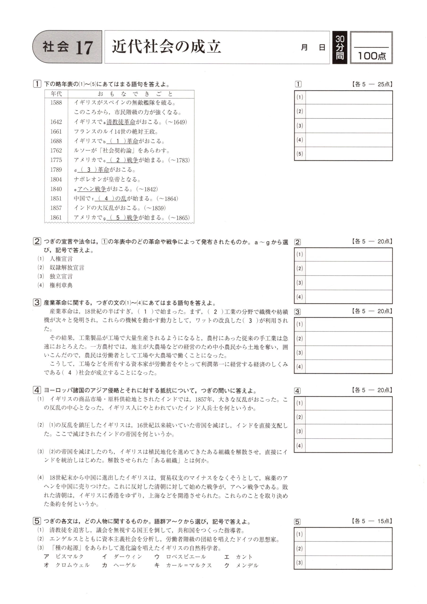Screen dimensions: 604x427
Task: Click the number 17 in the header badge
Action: pyautogui.click(x=84, y=48)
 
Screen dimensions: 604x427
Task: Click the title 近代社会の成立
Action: pyautogui.click(x=166, y=47)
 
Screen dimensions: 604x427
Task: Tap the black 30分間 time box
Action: pyautogui.click(x=340, y=48)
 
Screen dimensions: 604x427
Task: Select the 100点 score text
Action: pyautogui.click(x=372, y=56)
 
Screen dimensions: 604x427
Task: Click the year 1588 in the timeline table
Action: pyautogui.click(x=56, y=103)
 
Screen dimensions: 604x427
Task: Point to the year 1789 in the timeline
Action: pyautogui.click(x=56, y=170)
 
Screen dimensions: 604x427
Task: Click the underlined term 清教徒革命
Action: pyautogui.click(x=121, y=122)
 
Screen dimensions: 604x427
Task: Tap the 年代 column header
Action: pyautogui.click(x=56, y=94)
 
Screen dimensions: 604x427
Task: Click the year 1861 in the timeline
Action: pyautogui.click(x=56, y=218)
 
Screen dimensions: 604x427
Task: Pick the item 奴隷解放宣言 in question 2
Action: pyautogui.click(x=67, y=268)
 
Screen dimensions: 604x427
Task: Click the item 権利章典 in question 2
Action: pyautogui.click(x=61, y=285)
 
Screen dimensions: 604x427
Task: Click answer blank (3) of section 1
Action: pyautogui.click(x=349, y=126)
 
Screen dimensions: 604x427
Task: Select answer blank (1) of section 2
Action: pyautogui.click(x=349, y=254)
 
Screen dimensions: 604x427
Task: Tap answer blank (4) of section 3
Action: pyautogui.click(x=349, y=366)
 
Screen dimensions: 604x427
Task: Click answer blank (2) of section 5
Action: pyautogui.click(x=349, y=549)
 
